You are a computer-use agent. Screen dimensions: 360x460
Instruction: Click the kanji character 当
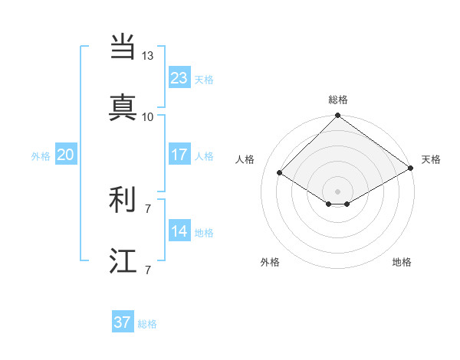[123, 47]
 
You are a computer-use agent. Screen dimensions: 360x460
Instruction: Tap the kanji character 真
[123, 107]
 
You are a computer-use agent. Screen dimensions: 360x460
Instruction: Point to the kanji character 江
[123, 260]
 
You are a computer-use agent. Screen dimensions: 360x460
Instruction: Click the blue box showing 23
[179, 78]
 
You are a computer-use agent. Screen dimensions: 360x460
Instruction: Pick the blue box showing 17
[179, 155]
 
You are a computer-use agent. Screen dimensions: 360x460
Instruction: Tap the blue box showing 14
[179, 231]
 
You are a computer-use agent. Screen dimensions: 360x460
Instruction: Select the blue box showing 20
[65, 155]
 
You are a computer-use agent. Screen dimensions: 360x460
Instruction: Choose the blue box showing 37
[122, 322]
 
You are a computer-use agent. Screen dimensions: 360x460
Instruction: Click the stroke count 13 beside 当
[147, 56]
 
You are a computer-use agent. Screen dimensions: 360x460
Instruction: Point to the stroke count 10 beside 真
[147, 116]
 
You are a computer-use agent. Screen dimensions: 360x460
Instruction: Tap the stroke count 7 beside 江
[147, 270]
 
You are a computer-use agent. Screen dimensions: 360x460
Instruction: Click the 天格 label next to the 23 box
[204, 80]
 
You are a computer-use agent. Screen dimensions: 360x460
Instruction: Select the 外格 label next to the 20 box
[41, 156]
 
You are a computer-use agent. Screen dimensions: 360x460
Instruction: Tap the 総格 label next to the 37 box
[147, 324]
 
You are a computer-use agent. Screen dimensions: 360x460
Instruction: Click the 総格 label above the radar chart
[338, 100]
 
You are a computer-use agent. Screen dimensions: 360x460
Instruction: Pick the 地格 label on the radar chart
[402, 262]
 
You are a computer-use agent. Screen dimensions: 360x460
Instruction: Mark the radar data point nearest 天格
[411, 169]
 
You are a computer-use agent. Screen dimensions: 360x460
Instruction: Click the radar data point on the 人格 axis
[280, 173]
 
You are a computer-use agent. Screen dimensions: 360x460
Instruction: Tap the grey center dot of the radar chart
[338, 191]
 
